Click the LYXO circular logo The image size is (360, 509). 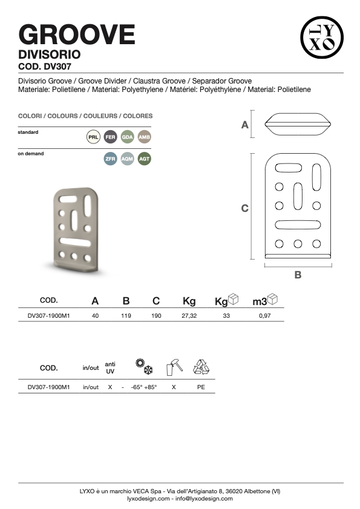(x=322, y=38)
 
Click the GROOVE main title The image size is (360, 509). (x=77, y=34)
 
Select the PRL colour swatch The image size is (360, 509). (x=93, y=137)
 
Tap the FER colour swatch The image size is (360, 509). (x=110, y=137)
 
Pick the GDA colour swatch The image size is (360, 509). (x=127, y=137)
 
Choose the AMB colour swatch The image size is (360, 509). (x=145, y=137)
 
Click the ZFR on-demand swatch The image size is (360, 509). (x=110, y=159)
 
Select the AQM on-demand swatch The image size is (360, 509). (x=127, y=159)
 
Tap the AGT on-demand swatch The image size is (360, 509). (x=145, y=159)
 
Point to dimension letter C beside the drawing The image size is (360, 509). (x=245, y=208)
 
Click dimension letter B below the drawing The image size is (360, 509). (x=298, y=275)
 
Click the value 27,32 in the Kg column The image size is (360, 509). (x=189, y=315)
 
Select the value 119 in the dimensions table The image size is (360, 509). (x=126, y=315)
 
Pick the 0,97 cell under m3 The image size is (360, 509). (x=265, y=315)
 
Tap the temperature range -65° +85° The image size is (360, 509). (x=144, y=387)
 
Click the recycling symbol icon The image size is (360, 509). (x=201, y=367)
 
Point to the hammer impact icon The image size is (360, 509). (x=174, y=367)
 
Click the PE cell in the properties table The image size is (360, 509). (x=201, y=387)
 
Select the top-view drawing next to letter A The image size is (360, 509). (x=298, y=124)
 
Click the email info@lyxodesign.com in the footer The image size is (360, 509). (x=204, y=499)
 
